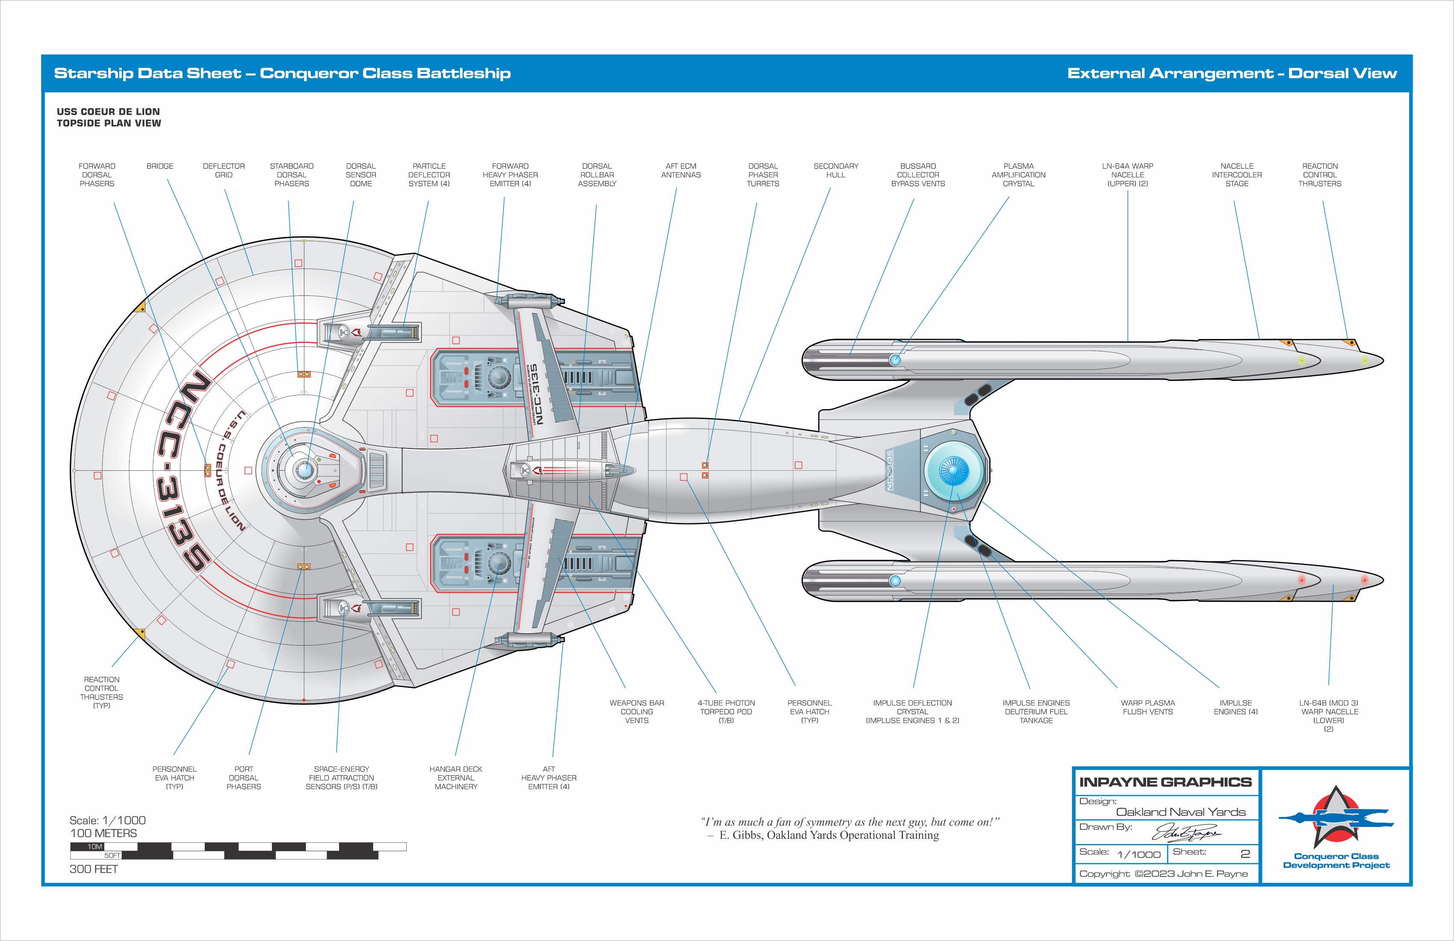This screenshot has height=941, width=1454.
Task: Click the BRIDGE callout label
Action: point(159,166)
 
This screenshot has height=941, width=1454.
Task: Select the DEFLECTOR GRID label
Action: point(224,171)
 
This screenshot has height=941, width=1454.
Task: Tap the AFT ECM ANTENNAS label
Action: point(681,171)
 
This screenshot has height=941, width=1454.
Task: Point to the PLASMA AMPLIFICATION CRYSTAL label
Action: point(1018,175)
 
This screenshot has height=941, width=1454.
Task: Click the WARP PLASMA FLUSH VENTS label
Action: point(1147,708)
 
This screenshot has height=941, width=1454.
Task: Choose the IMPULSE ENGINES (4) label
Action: point(1235,708)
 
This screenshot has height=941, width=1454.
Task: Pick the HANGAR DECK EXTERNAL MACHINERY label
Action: point(456,778)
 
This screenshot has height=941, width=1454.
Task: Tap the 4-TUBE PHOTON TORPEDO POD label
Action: point(726,712)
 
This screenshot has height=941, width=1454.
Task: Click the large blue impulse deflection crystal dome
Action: point(953,470)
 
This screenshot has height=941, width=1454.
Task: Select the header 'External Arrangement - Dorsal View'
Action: point(1232,74)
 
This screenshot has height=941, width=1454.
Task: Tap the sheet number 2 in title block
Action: point(1245,854)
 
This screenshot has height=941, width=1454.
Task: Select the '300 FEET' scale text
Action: point(94,869)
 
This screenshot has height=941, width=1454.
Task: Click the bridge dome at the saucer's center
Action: point(304,470)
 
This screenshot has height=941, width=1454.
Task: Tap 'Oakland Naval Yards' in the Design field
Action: point(1180,812)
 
